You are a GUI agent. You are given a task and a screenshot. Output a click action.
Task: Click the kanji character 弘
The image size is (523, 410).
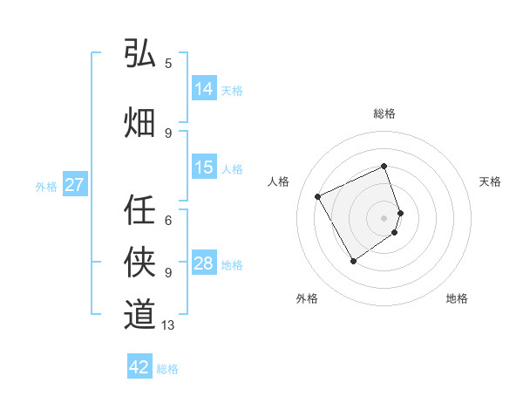point(139,54)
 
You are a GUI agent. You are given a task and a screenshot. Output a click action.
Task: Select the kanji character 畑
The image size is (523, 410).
point(139,123)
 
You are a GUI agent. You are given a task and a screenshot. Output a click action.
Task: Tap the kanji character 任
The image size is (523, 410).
point(139,208)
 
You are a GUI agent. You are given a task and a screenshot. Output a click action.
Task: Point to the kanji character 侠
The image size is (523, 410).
point(139,262)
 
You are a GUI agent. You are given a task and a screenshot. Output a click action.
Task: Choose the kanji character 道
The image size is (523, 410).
point(139,314)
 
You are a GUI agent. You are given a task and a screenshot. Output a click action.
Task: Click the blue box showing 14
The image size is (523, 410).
point(204,89)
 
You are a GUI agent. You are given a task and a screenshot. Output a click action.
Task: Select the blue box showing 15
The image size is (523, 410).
point(204,167)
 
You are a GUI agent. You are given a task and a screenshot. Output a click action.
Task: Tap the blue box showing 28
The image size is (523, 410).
point(204,263)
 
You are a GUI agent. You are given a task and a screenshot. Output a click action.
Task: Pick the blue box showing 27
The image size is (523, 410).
point(74,185)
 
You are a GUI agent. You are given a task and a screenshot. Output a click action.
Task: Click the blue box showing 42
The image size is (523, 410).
point(139,367)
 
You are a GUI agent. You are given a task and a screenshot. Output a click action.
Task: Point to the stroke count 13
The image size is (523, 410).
point(168,325)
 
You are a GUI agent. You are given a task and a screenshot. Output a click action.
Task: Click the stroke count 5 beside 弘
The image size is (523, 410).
point(168,63)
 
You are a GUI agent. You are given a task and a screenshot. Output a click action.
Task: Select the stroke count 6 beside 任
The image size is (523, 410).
point(168,220)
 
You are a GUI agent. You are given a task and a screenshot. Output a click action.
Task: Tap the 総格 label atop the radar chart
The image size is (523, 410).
point(384,113)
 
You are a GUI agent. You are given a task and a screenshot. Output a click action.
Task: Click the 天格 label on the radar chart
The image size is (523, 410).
point(490,181)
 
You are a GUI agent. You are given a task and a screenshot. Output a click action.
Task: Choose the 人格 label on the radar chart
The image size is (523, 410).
point(279,181)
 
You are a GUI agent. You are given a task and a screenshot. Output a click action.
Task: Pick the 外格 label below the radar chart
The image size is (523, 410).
point(307,298)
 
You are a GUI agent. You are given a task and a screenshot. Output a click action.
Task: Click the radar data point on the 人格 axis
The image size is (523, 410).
point(318,196)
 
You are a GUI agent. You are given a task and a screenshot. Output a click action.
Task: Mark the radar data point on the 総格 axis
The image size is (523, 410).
point(384,166)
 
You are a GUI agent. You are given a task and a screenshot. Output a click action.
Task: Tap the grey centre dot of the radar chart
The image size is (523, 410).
point(384,217)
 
